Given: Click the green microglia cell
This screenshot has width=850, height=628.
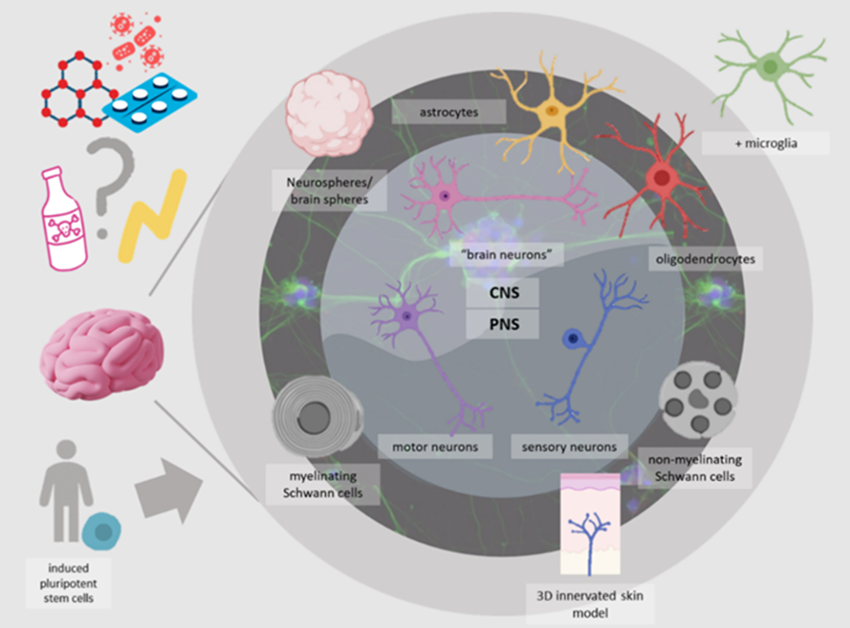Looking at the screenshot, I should tap(770, 66).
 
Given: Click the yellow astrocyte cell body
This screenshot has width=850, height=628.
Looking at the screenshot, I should tap(551, 110).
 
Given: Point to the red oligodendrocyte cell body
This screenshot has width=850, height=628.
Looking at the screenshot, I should tap(663, 178).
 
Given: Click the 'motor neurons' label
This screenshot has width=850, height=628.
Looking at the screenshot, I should tap(436, 446).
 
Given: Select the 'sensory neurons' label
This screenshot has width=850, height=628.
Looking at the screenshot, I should tap(570, 446).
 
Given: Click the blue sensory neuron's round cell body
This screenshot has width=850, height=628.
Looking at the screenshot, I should tap(573, 339).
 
